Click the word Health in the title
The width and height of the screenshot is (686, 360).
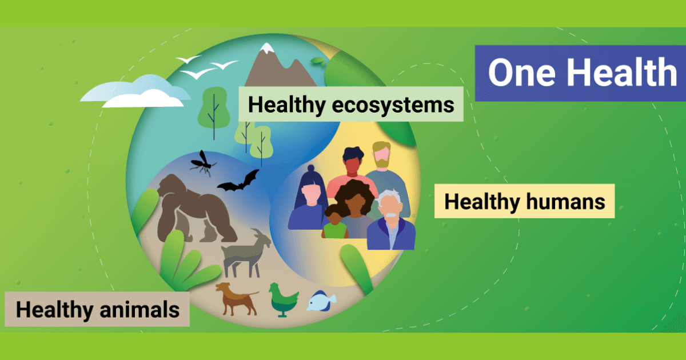coord(622,73)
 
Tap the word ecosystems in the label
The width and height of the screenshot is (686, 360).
coord(393,105)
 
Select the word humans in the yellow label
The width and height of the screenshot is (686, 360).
coord(565,202)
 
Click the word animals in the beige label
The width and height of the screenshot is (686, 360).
coord(139,310)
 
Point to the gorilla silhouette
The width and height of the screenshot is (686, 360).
coord(196,209)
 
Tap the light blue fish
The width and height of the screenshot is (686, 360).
coord(321,301)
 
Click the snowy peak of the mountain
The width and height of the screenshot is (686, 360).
coord(267,48)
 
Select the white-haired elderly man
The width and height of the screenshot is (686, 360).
coord(391,220)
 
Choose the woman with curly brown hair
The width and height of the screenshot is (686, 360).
coord(354,209)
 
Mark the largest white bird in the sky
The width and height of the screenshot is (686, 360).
coord(198,73)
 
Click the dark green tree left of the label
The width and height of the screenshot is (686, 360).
coord(214,111)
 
